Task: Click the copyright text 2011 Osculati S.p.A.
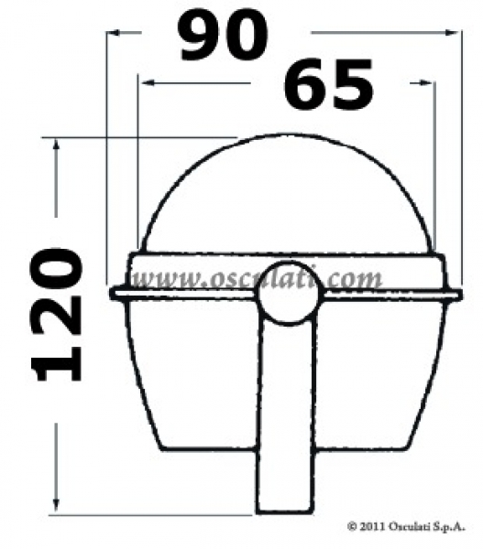click(407, 527)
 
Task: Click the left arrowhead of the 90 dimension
click(112, 33)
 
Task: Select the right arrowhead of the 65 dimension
click(429, 83)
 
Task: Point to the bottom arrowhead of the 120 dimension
click(57, 507)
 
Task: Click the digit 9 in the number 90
click(201, 38)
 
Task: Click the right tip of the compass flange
click(460, 294)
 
